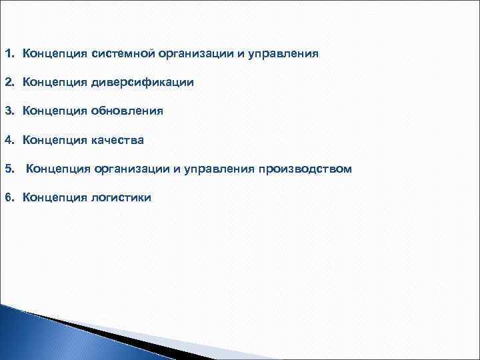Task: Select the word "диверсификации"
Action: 143,82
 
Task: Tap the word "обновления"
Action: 127,111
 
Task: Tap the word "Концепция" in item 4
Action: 55,140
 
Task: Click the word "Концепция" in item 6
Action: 55,197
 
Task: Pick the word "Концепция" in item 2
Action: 55,82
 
